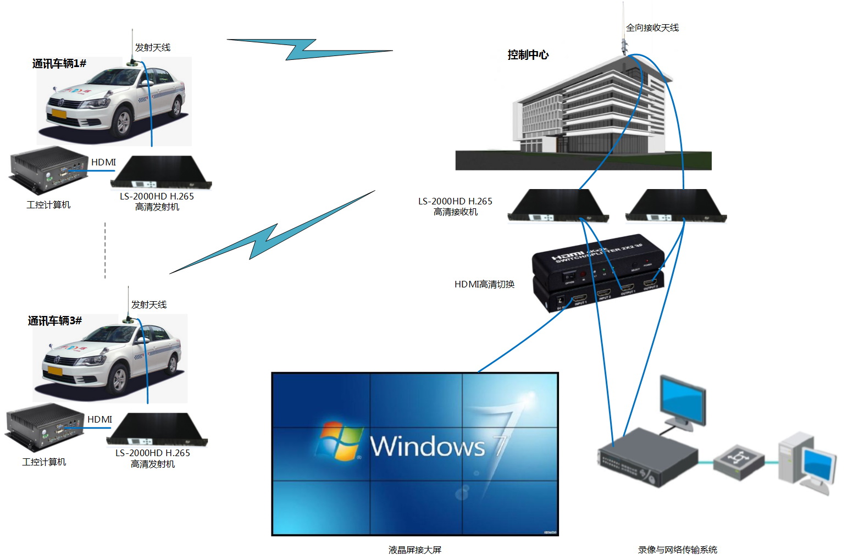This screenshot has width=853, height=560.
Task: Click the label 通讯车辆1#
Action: click(x=59, y=64)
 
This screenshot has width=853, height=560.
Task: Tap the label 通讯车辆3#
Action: click(x=55, y=321)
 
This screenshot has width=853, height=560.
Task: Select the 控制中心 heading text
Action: click(x=528, y=55)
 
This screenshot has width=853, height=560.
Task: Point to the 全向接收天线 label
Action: click(x=652, y=28)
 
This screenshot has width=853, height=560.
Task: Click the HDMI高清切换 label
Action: click(x=484, y=284)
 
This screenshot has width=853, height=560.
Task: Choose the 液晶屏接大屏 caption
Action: click(x=415, y=550)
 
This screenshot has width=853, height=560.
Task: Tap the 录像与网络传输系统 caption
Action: click(x=677, y=550)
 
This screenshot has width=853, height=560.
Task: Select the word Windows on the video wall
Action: click(x=428, y=446)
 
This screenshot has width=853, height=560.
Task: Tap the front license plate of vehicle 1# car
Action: click(x=59, y=114)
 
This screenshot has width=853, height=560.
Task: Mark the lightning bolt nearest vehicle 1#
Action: click(x=309, y=49)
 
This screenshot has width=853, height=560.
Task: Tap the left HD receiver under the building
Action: click(x=558, y=206)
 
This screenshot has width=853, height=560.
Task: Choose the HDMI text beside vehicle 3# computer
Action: click(x=99, y=419)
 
